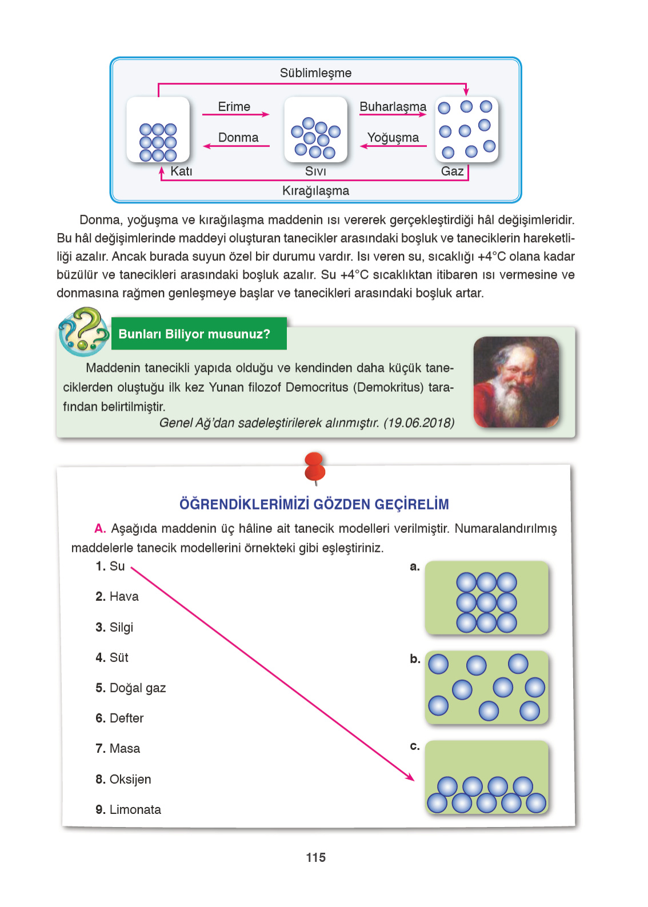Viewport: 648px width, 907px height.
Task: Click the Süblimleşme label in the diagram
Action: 315,73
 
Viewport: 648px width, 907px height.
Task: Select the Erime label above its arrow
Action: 234,107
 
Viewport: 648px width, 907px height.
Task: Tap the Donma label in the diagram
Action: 238,138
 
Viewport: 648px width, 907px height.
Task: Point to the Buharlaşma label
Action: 393,107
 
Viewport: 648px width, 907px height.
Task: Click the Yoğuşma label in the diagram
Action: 393,138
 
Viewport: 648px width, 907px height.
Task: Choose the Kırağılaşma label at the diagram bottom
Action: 315,191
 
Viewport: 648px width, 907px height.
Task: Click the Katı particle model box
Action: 158,130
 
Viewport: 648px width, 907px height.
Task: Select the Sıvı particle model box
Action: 315,130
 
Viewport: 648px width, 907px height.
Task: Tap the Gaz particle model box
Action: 466,130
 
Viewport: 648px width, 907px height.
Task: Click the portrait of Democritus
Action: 516,382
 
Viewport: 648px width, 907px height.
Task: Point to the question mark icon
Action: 83,331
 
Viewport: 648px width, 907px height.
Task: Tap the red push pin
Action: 315,467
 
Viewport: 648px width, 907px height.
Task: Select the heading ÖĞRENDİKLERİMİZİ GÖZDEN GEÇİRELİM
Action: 314,504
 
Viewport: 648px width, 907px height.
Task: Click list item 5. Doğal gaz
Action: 131,688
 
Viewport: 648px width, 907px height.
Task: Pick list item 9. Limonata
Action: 129,810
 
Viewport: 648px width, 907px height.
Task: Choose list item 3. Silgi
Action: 114,627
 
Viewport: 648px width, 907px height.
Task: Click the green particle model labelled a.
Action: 486,598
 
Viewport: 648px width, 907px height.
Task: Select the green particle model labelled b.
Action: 486,687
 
